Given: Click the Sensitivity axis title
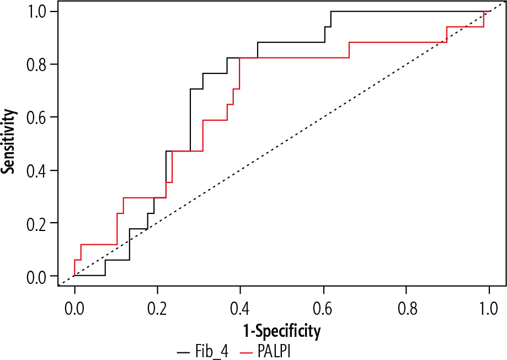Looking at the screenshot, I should pos(8,141).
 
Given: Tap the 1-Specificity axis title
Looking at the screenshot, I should pos(281,331).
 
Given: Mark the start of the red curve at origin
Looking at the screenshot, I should pos(74,276).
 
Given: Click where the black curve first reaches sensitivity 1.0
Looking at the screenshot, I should pos(331,12).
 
